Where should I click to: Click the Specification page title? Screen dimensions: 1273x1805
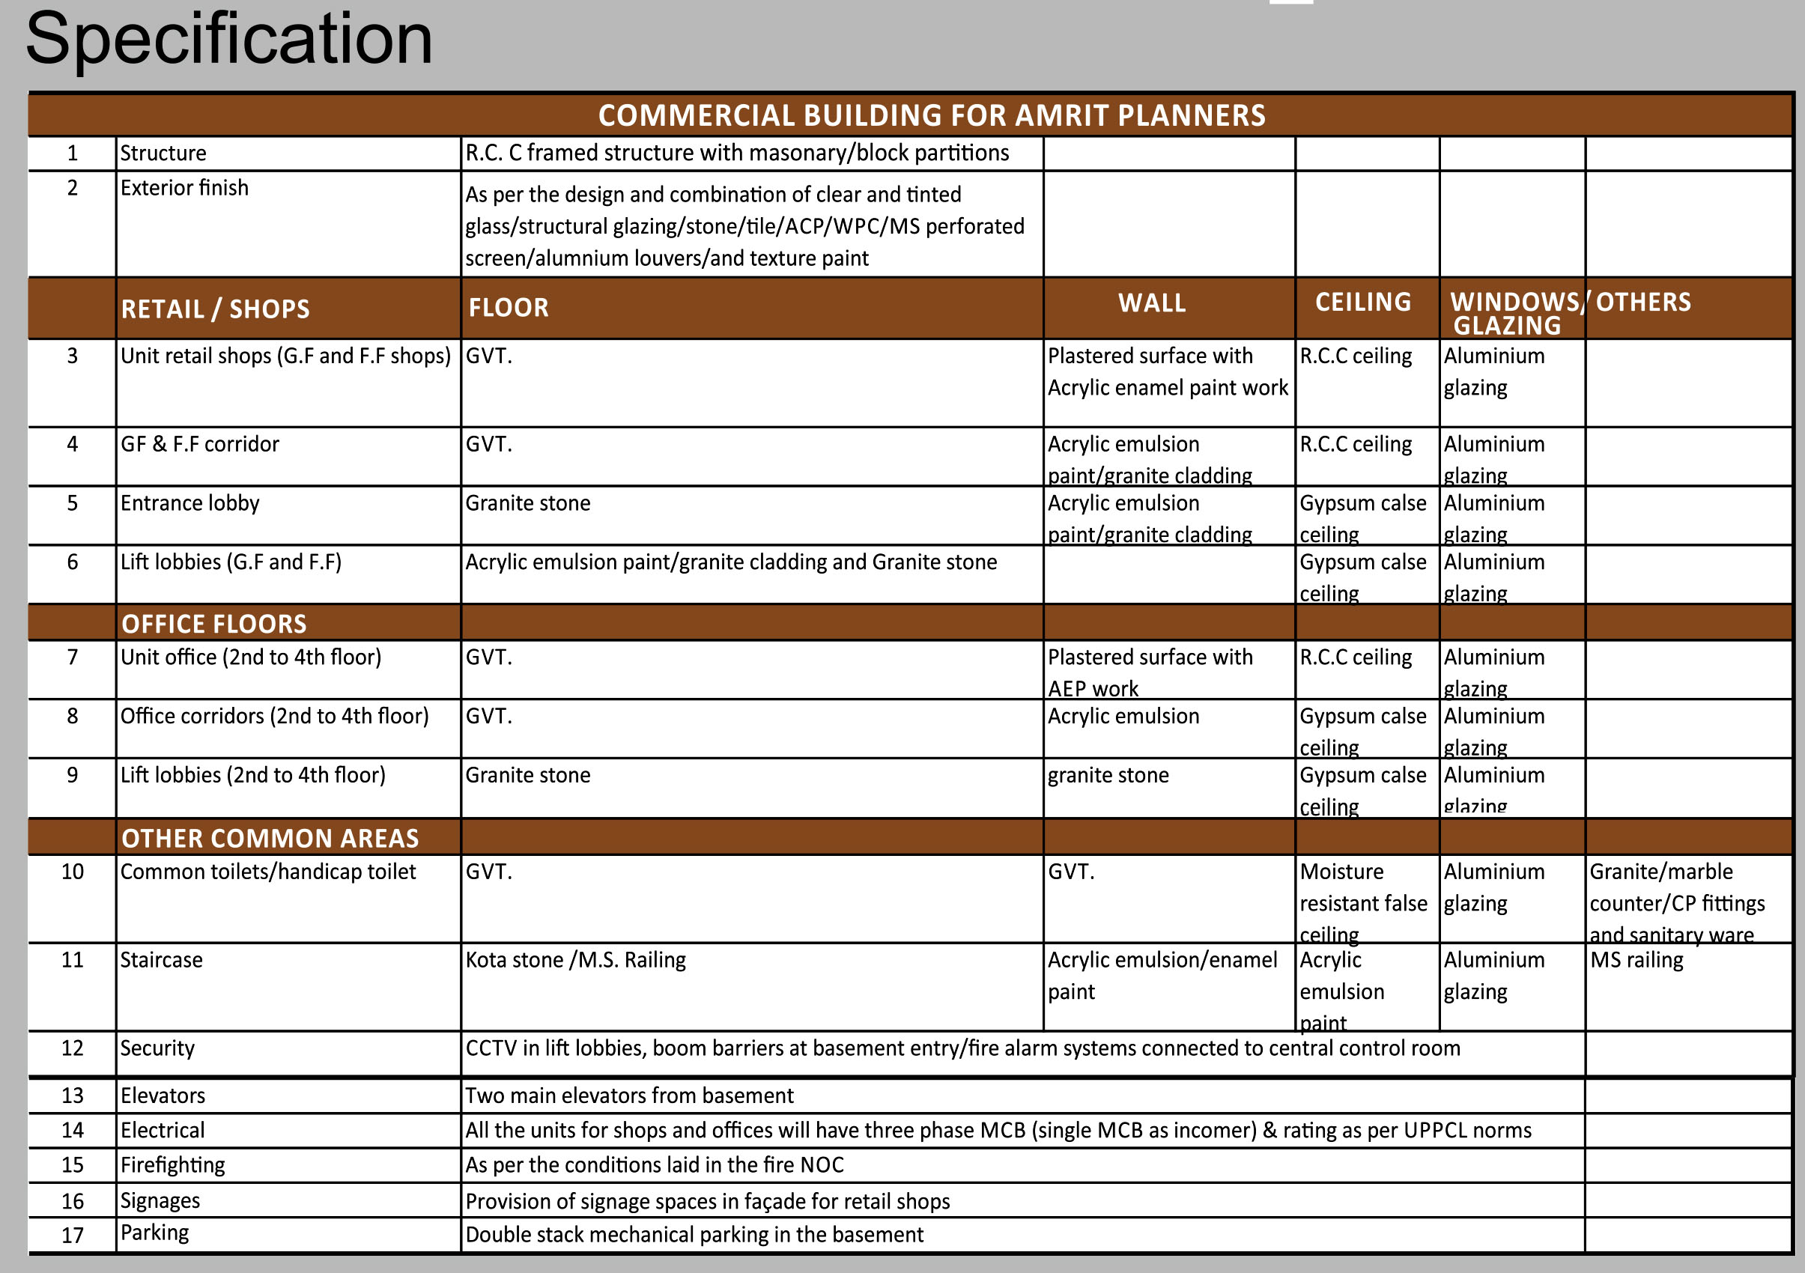(228, 39)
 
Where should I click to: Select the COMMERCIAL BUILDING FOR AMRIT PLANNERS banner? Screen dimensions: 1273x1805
(932, 115)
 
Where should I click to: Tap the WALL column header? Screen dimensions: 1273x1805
(1152, 303)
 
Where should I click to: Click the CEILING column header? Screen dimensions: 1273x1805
(1363, 303)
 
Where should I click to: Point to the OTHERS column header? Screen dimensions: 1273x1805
(1643, 303)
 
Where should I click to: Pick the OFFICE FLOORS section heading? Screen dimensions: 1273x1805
(214, 624)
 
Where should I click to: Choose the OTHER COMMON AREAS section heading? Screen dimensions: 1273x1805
(270, 839)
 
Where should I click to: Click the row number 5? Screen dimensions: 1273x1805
(73, 503)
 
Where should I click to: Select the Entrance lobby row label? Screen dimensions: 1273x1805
(189, 503)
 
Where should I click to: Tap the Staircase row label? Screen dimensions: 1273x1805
(161, 959)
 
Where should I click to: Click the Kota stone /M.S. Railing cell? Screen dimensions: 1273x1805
(575, 959)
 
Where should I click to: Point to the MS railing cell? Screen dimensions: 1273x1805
(1636, 959)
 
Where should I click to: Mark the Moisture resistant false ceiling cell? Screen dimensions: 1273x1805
(1363, 902)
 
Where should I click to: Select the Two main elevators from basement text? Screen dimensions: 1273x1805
(629, 1096)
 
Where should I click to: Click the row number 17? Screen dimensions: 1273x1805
(73, 1236)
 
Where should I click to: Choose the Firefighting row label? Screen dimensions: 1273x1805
(172, 1164)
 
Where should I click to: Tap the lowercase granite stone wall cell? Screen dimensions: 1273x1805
(1108, 776)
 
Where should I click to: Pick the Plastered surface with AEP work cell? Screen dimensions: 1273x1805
(1150, 672)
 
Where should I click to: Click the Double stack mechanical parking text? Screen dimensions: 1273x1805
(694, 1235)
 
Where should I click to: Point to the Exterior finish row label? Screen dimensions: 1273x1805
(184, 188)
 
